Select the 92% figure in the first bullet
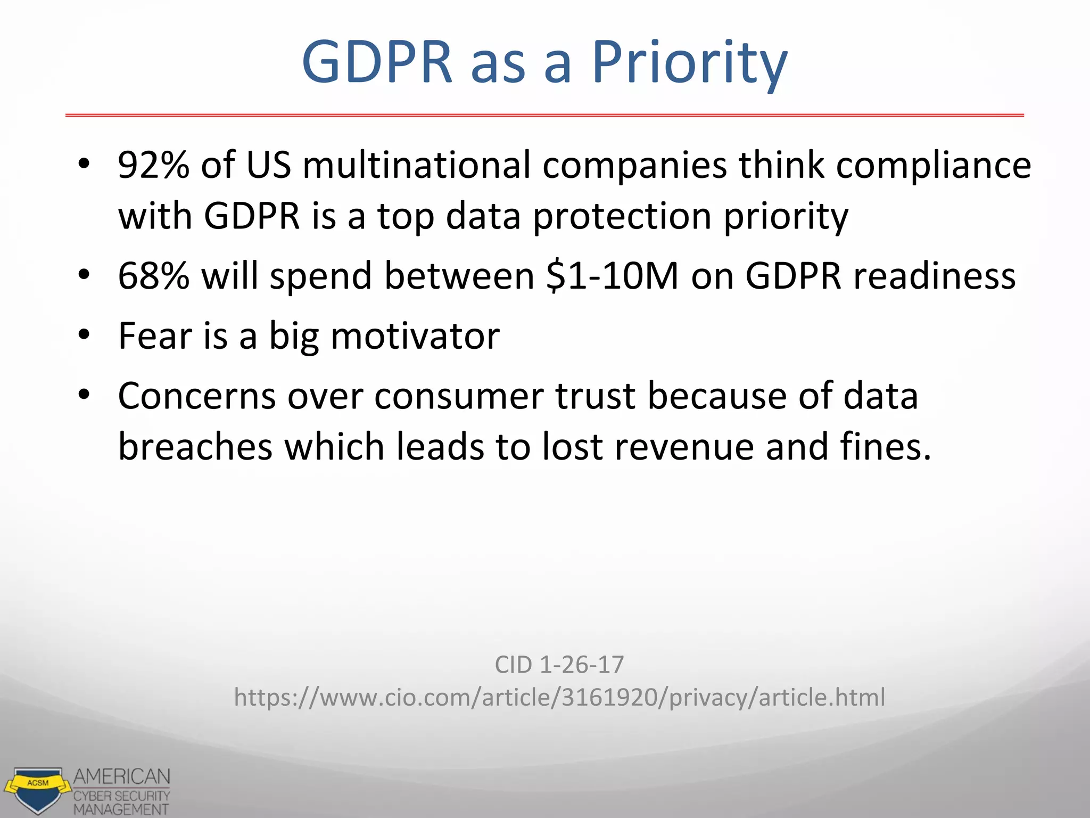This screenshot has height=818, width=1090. point(153,165)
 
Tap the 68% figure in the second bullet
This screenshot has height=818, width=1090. point(153,276)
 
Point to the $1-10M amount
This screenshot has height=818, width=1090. point(613,276)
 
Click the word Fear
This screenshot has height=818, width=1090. point(155,336)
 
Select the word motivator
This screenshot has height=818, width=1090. point(415,336)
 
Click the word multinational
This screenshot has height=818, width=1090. point(417,165)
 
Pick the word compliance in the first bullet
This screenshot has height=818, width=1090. point(934,165)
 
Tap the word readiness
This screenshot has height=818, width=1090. point(935,276)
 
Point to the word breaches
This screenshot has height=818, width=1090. point(195,446)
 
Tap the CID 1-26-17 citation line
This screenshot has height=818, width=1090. point(559,665)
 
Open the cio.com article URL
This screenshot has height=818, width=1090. point(559,698)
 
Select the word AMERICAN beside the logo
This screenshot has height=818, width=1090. point(122,777)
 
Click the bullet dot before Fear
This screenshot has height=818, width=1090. point(84,335)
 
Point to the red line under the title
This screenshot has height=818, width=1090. point(544,115)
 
